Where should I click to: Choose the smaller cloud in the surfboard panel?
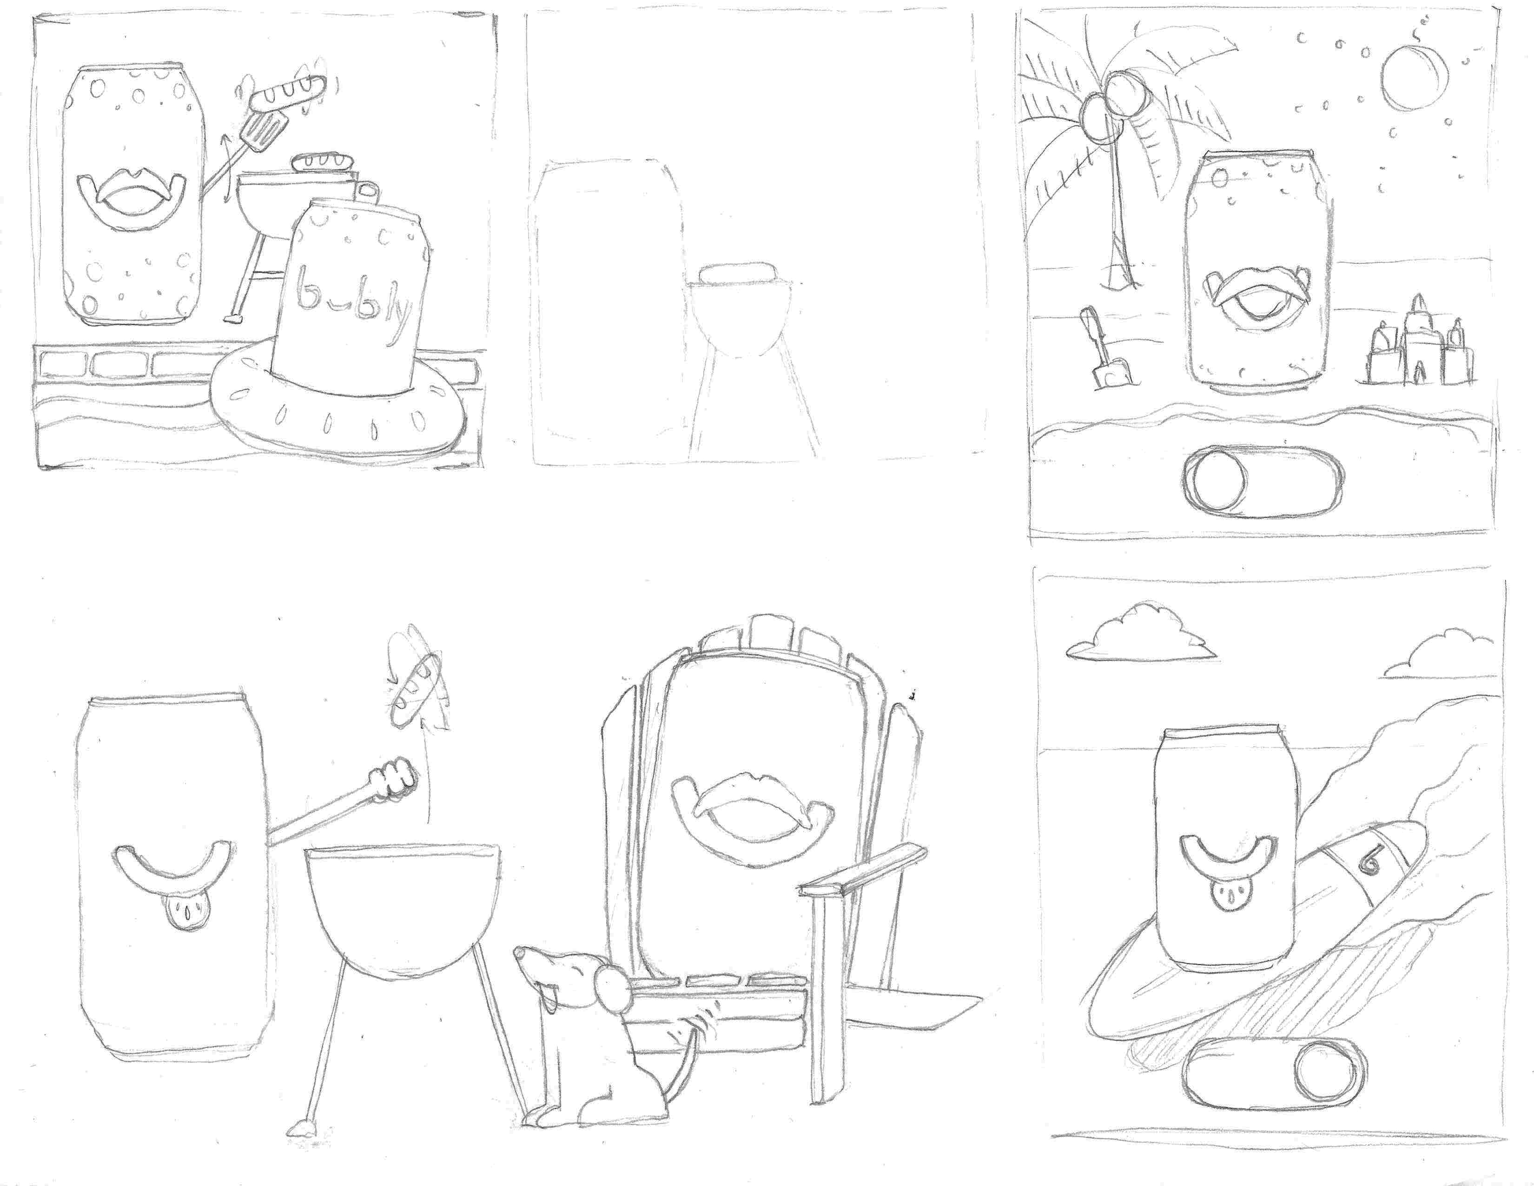(1439, 655)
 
